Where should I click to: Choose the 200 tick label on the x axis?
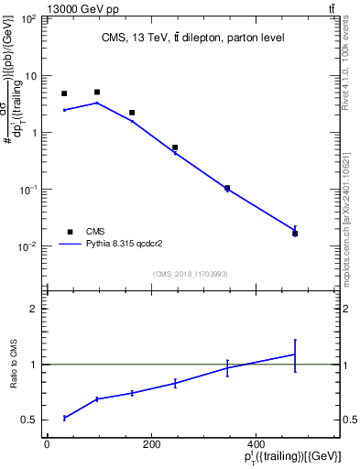point(150,444)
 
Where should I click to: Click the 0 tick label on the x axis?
point(47,444)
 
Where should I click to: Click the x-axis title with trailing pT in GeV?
point(292,456)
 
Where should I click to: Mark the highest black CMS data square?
point(97,93)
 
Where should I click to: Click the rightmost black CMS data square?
point(295,234)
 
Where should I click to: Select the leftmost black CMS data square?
point(64,93)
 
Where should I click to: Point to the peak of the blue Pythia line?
point(97,103)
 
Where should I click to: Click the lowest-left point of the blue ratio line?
point(64,418)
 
